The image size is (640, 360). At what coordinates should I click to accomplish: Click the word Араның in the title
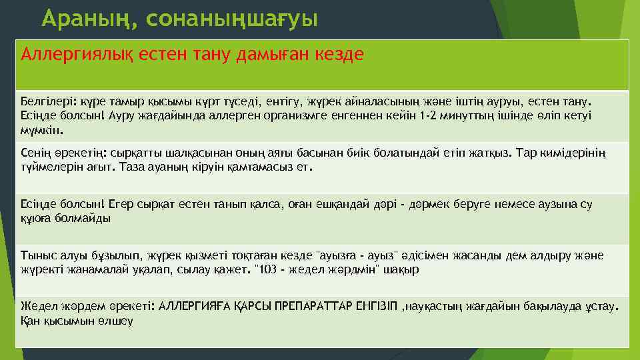pos(87,19)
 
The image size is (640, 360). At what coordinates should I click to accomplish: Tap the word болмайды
pos(85,217)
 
